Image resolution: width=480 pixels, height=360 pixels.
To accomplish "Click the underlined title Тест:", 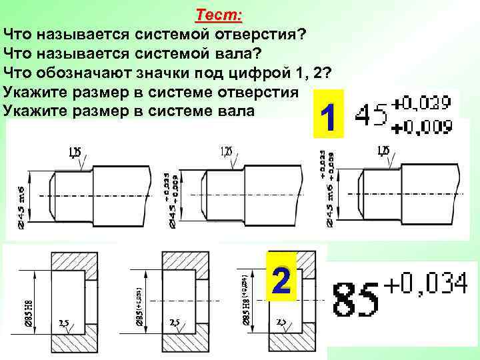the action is pyautogui.click(x=219, y=15).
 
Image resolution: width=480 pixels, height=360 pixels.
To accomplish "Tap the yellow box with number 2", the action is pyautogui.click(x=281, y=283).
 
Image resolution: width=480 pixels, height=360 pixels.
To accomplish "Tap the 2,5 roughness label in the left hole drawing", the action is pyautogui.click(x=64, y=323).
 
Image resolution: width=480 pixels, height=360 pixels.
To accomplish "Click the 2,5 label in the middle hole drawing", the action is pyautogui.click(x=175, y=323).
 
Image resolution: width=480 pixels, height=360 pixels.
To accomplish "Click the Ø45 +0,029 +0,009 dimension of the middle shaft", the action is pyautogui.click(x=170, y=197).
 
